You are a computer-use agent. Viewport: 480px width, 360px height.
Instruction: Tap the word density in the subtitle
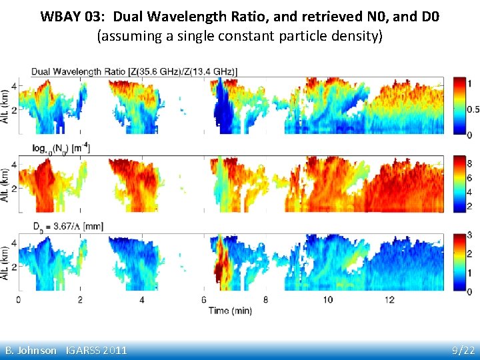click(357, 36)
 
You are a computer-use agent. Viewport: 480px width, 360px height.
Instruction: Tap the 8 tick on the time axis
click(265, 300)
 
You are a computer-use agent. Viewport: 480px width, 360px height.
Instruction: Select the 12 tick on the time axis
click(389, 300)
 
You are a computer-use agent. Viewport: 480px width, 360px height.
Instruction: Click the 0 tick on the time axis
click(18, 300)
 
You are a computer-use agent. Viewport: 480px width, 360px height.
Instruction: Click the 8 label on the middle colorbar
click(469, 162)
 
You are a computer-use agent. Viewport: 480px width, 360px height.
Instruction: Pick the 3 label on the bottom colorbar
click(469, 235)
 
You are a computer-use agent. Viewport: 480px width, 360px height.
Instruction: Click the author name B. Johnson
click(31, 350)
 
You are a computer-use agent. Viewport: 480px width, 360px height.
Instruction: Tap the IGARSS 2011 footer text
click(97, 350)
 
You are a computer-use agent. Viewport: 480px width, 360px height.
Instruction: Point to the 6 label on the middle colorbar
click(469, 178)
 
